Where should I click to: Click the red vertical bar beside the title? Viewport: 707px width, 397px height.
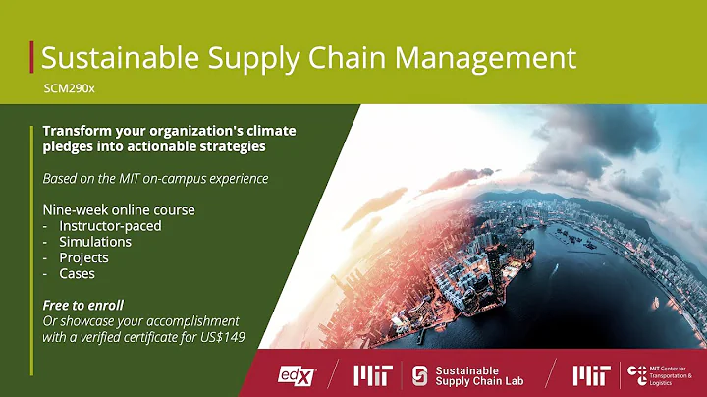[32, 56]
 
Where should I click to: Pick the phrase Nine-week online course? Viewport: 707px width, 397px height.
[118, 209]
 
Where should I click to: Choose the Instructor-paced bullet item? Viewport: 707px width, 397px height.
[110, 225]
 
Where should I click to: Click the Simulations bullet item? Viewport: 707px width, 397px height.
[94, 242]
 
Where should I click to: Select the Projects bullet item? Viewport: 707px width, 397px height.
[83, 257]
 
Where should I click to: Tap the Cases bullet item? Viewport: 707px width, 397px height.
[77, 274]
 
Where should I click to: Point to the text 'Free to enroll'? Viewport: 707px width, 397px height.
[82, 306]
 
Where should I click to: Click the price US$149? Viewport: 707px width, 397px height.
[220, 337]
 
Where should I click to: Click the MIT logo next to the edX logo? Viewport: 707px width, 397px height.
[371, 374]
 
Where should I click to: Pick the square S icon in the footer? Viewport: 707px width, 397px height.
[420, 374]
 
